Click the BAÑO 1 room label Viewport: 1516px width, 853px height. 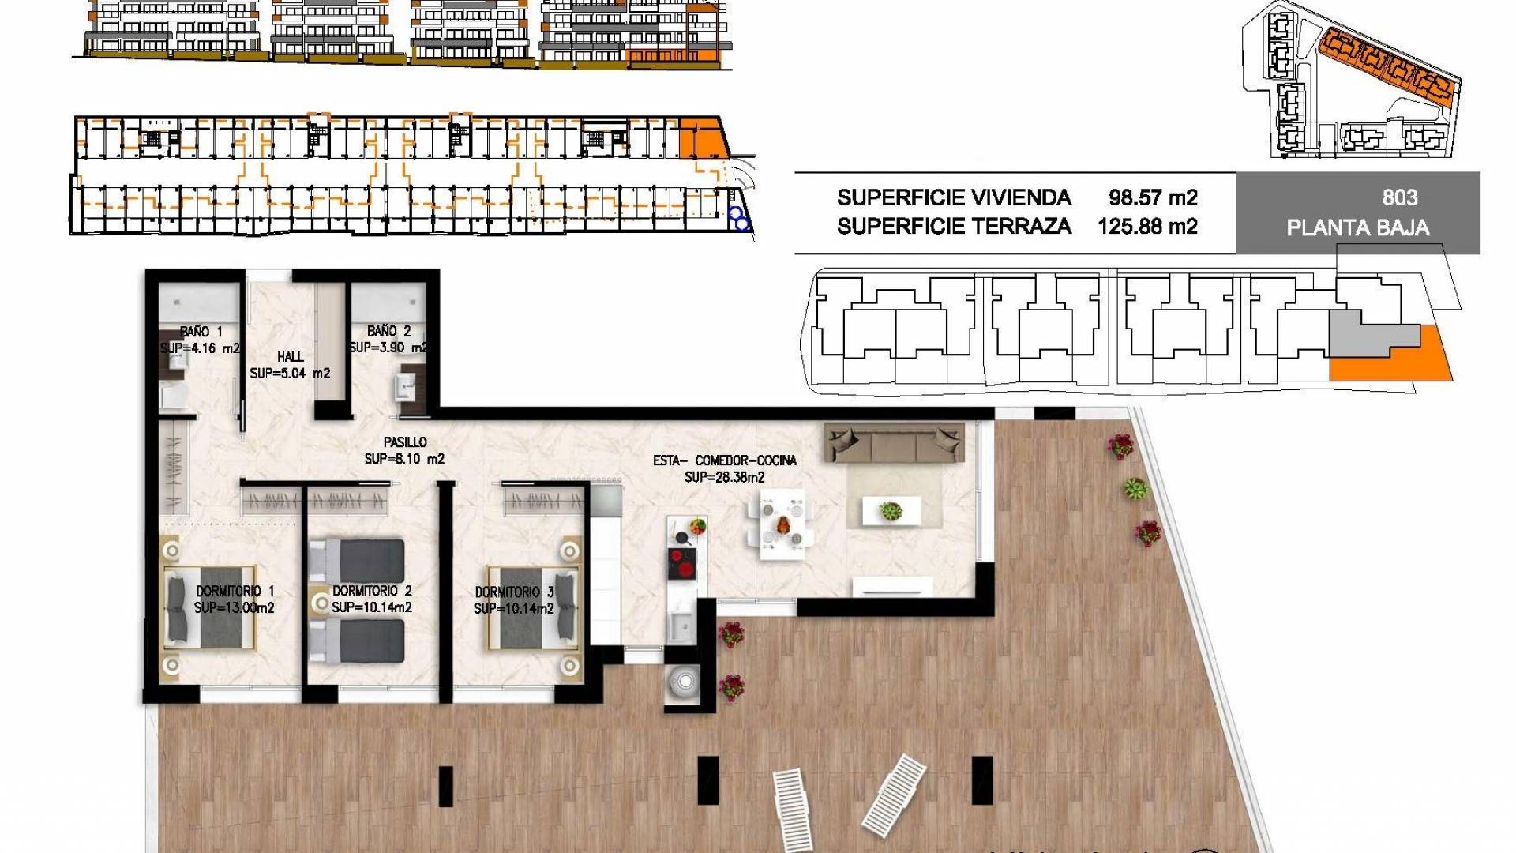click(201, 332)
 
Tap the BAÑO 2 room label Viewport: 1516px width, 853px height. click(388, 331)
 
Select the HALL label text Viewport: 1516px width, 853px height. click(291, 357)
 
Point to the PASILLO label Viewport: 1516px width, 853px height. click(405, 442)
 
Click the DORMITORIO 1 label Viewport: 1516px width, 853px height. click(235, 591)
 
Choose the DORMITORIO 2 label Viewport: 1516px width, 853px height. click(372, 591)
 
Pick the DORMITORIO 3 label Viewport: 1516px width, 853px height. click(515, 592)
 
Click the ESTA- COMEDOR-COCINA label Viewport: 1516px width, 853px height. click(725, 460)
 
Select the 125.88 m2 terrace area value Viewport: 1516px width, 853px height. click(1147, 227)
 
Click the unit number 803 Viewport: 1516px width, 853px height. click(1400, 197)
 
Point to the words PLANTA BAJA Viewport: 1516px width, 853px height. click(1358, 228)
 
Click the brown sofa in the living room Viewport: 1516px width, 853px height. click(895, 443)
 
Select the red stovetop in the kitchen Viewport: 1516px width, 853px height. click(682, 565)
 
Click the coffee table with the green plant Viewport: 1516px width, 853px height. click(891, 511)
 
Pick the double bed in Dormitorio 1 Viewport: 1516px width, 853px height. click(210, 607)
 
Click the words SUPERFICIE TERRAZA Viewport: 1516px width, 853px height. click(954, 227)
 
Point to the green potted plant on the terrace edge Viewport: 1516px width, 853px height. click(1135, 489)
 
